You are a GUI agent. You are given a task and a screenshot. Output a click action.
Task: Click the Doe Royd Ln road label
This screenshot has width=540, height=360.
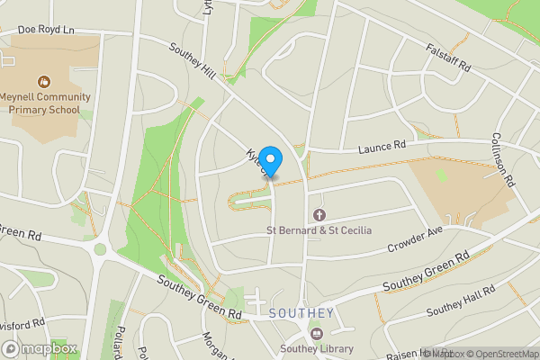point(46,30)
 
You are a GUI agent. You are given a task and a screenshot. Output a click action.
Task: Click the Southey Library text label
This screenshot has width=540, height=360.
point(316,349)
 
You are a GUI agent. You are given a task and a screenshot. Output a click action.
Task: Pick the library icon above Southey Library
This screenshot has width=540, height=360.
point(316,334)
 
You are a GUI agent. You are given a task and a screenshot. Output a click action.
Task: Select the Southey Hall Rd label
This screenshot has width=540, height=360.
point(461,302)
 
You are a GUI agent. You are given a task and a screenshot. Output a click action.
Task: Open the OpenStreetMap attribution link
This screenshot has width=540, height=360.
point(501,354)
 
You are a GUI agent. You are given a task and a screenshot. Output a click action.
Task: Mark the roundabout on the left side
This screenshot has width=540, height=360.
point(100,249)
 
